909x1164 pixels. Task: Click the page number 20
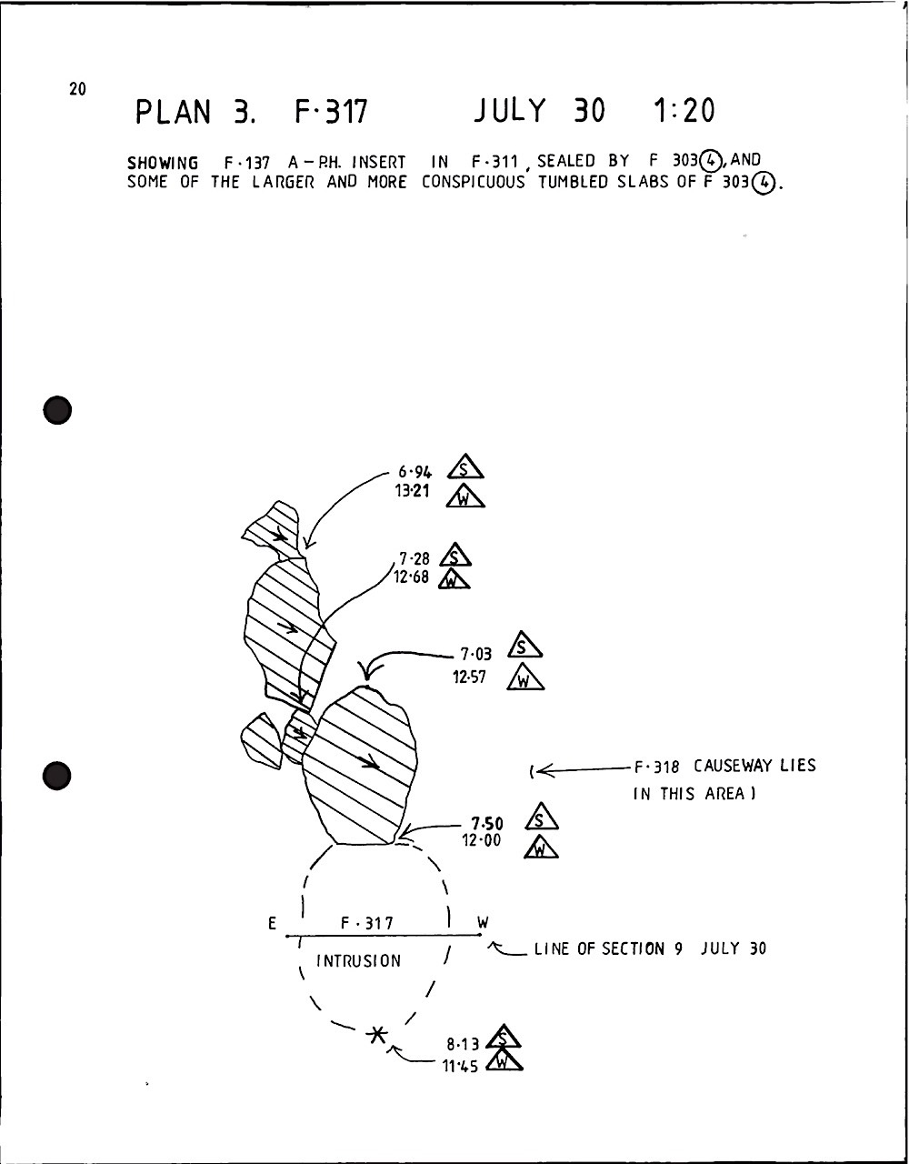[x=76, y=89]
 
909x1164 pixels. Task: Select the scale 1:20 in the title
[x=684, y=111]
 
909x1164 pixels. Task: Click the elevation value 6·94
[x=415, y=472]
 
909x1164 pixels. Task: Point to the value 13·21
[x=413, y=493]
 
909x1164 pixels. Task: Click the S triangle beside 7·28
[x=454, y=556]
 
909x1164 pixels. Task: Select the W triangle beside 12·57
[x=525, y=678]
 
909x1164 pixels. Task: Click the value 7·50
[x=487, y=824]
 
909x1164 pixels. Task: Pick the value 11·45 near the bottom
[x=461, y=1066]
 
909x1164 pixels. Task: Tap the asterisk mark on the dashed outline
[x=376, y=1034]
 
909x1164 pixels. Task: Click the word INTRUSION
[x=358, y=961]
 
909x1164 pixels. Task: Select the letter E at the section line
[x=272, y=924]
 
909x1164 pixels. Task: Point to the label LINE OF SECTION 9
[x=607, y=949]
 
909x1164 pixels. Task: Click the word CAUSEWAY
[x=733, y=766]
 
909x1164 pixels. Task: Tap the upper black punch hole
[x=57, y=410]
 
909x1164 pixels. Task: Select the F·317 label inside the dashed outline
[x=367, y=924]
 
